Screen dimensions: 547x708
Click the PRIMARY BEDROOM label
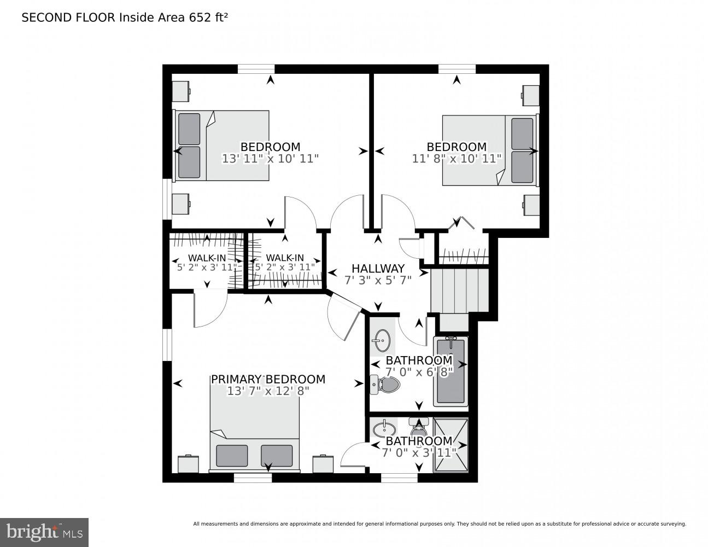coord(268,379)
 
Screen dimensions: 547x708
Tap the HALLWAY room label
coord(378,269)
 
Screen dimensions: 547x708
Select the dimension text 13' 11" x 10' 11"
coord(270,159)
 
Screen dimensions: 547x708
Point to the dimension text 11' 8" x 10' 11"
coord(457,159)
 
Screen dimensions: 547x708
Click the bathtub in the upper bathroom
coord(450,372)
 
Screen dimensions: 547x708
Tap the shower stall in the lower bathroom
coord(451,445)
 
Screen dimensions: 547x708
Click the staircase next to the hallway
coord(459,290)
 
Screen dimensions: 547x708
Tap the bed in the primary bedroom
coord(255,432)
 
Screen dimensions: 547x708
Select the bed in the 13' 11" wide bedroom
coord(222,146)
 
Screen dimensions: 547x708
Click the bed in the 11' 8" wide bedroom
coord(490,150)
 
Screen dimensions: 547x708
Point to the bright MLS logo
coord(44,532)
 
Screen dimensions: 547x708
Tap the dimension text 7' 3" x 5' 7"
coord(378,280)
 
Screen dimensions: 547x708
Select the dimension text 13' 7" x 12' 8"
coord(268,391)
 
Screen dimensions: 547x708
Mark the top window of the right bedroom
coord(457,69)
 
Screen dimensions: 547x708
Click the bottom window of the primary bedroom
coord(253,478)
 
